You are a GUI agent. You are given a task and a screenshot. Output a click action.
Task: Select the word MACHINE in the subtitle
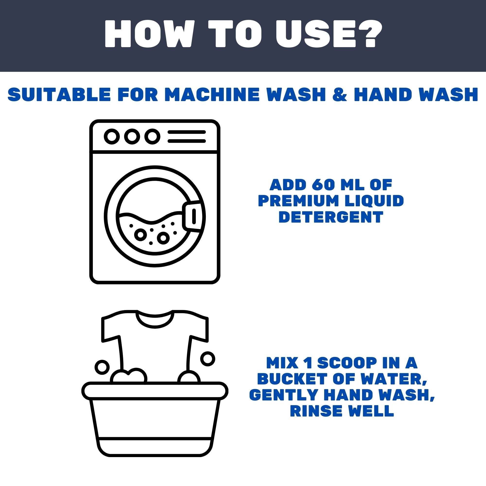(212, 94)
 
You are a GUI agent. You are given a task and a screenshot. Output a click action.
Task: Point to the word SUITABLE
(59, 94)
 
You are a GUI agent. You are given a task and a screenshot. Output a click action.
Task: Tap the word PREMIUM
(298, 201)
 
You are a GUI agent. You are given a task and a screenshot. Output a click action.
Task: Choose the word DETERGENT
(331, 217)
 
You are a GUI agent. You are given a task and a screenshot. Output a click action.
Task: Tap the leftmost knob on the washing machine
(112, 136)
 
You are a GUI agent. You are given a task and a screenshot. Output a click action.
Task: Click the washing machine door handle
(193, 216)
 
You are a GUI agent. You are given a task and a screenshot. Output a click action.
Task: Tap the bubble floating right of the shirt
(208, 359)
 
